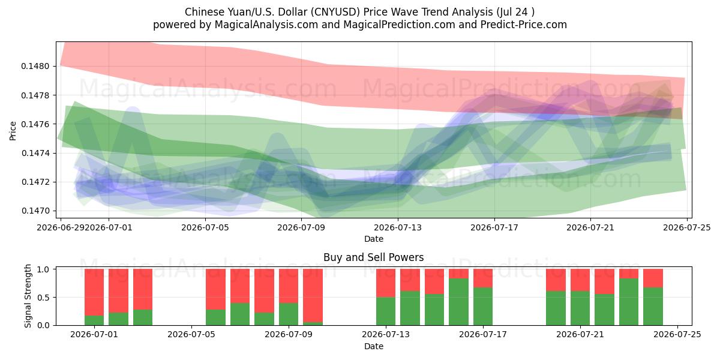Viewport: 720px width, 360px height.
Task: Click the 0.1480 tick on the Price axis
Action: tap(35, 67)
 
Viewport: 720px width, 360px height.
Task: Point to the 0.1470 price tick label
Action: tap(35, 211)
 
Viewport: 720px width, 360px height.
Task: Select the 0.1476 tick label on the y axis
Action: tap(35, 124)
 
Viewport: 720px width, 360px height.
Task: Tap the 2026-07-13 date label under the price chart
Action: tap(398, 228)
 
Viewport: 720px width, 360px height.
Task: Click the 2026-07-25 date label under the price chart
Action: tap(687, 228)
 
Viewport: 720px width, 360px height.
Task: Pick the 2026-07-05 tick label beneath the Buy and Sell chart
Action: tap(191, 335)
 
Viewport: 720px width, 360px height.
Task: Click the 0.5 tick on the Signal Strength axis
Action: tap(44, 298)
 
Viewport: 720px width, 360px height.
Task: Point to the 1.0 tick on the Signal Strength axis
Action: tap(44, 269)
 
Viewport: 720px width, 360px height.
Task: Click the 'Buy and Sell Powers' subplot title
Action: tap(373, 257)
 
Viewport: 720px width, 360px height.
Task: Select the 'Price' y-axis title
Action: tap(13, 131)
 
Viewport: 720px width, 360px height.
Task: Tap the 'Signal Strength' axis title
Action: tap(28, 296)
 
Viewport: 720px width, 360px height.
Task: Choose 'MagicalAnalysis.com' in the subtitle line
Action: tap(266, 25)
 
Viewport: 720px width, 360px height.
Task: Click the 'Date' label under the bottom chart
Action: tap(373, 347)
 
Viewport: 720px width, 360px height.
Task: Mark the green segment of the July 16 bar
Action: tap(458, 302)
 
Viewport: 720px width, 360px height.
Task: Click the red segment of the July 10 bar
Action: tap(313, 296)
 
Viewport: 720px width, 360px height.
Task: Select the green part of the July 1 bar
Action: tap(94, 320)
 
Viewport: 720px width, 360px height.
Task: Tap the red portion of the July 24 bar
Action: tap(653, 278)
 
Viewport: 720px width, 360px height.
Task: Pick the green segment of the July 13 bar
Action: tap(386, 311)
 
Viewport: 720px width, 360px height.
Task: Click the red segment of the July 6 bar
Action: tap(215, 289)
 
